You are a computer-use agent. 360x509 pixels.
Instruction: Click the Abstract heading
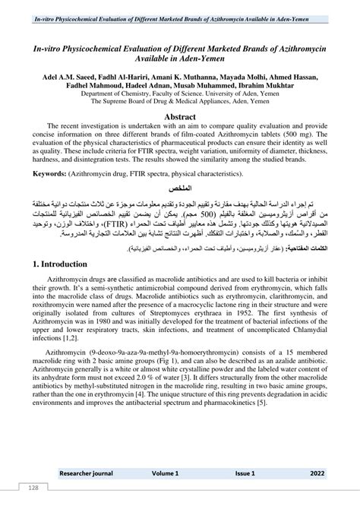click(179, 116)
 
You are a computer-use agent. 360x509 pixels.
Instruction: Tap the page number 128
click(33, 487)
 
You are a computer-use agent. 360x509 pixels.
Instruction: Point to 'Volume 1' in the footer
click(165, 473)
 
